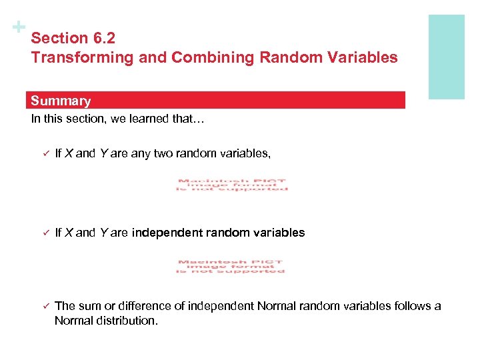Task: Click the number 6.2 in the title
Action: pyautogui.click(x=105, y=39)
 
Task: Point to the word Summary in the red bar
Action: pyautogui.click(x=61, y=101)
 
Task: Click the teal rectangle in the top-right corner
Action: pyautogui.click(x=445, y=57)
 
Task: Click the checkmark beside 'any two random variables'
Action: pyautogui.click(x=40, y=154)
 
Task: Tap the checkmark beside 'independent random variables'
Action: pyautogui.click(x=40, y=233)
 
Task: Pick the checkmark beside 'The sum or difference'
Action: pyautogui.click(x=40, y=306)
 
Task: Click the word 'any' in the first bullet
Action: pyautogui.click(x=141, y=154)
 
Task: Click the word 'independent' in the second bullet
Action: pyautogui.click(x=164, y=233)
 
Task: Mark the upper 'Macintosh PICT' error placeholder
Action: pyautogui.click(x=232, y=185)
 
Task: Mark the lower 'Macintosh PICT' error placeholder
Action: pyautogui.click(x=231, y=266)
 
